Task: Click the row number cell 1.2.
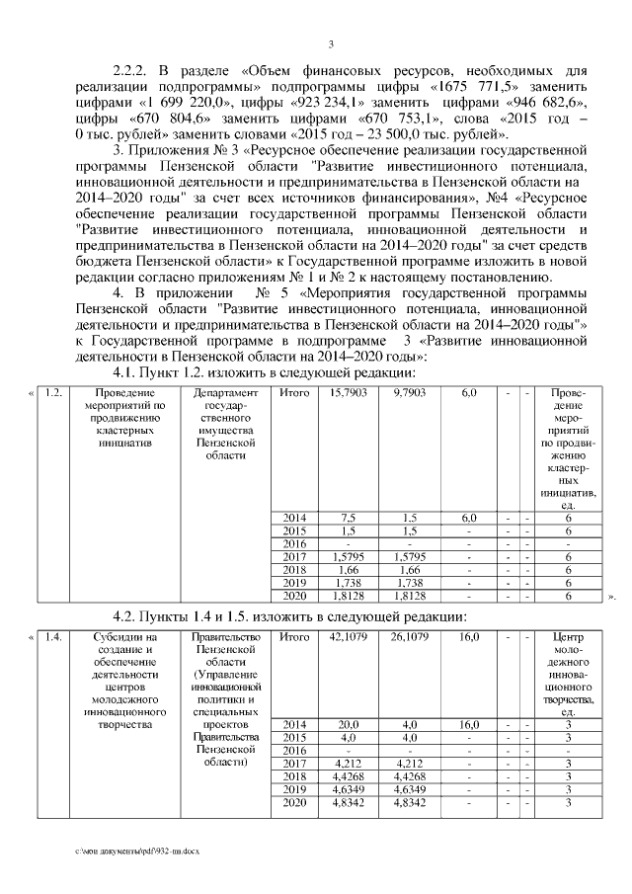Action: point(55,393)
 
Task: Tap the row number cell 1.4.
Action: point(55,638)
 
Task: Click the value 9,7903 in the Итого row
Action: point(409,393)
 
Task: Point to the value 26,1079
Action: point(409,638)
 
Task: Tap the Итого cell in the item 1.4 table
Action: point(294,638)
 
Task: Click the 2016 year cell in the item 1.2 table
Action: point(294,544)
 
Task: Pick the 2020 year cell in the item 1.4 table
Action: point(294,806)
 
